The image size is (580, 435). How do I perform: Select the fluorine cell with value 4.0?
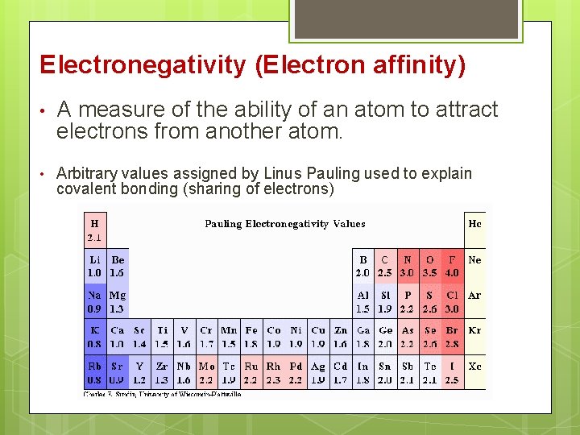pos(452,266)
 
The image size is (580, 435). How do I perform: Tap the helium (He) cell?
pos(474,224)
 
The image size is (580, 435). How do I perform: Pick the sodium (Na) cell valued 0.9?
pos(95,301)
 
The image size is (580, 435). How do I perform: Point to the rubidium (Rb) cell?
pos(95,373)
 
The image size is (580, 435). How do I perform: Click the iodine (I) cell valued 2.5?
pos(452,373)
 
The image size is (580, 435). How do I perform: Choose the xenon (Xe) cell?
pos(474,367)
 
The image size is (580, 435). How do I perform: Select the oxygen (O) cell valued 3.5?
pos(429,266)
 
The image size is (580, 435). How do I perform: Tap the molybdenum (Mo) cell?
pos(207,373)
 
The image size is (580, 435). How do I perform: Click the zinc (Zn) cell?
pos(341,337)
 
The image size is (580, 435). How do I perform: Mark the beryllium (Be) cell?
pos(118,266)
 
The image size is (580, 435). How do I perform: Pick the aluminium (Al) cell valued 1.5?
pos(363,301)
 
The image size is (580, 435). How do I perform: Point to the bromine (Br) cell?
pos(452,337)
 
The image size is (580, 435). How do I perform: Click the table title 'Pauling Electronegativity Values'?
pos(285,224)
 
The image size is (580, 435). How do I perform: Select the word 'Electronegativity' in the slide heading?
pos(142,65)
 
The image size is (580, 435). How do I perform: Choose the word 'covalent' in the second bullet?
pos(84,189)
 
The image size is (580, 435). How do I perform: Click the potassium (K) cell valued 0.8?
pos(95,337)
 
